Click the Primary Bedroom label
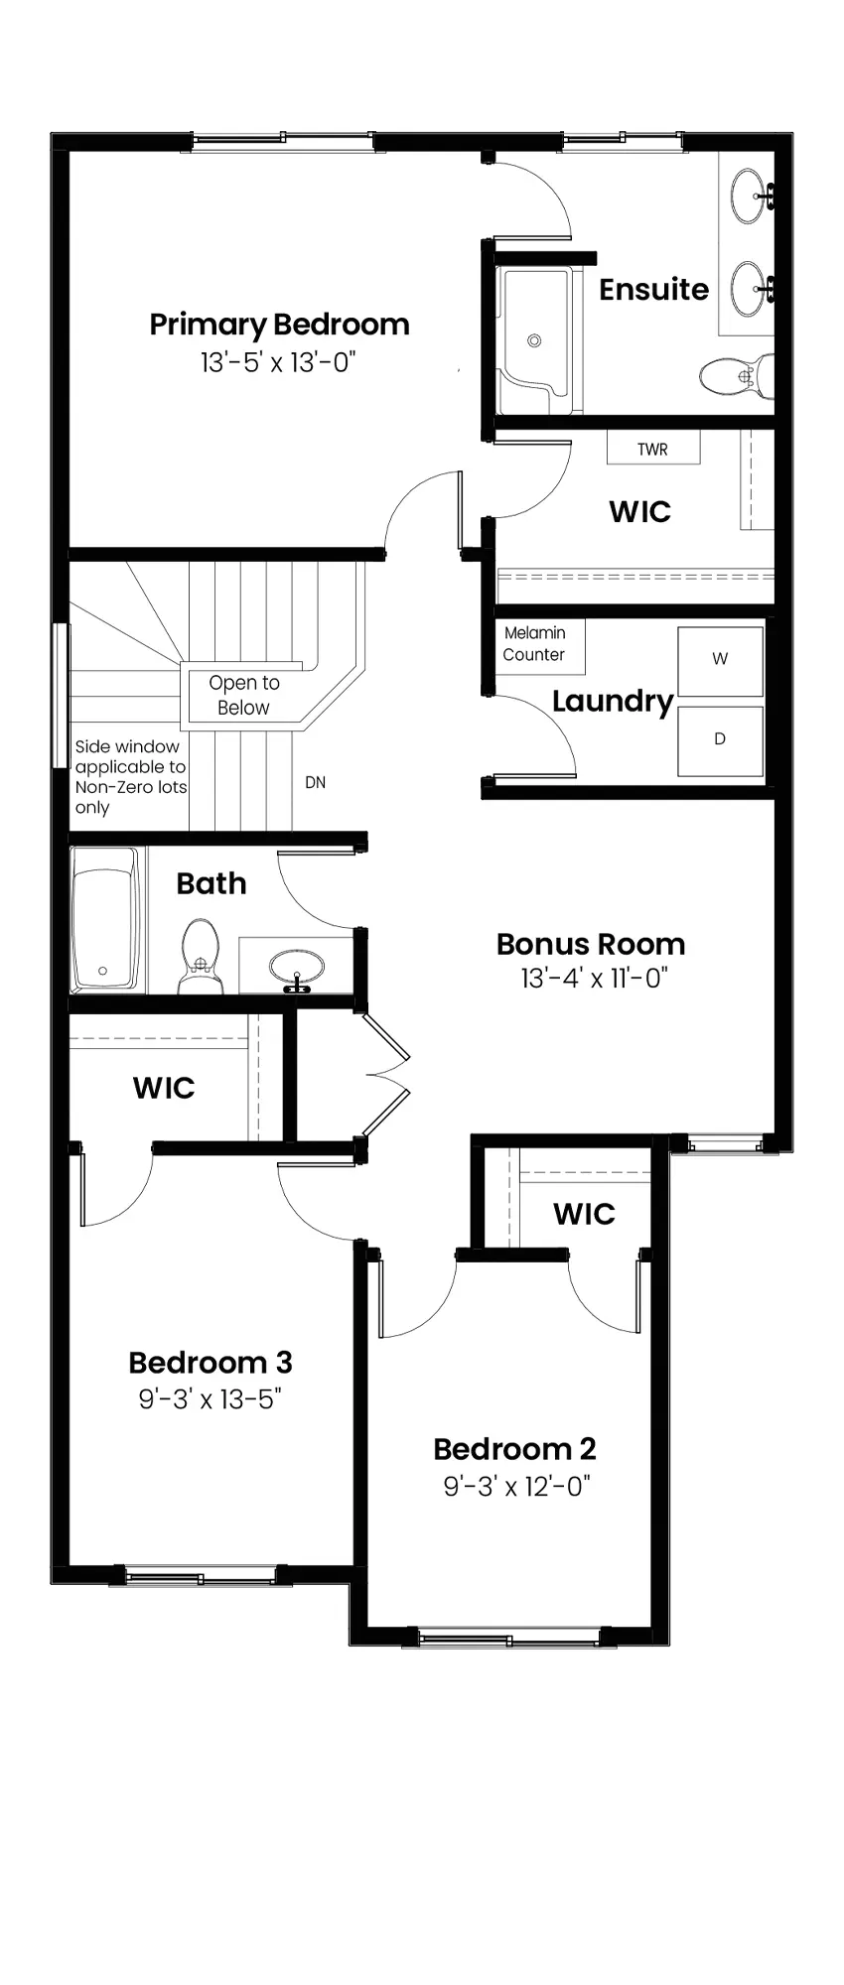pos(279,326)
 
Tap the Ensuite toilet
pos(736,374)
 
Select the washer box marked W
pos(720,658)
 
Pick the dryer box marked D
pos(720,739)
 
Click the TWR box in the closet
pos(653,448)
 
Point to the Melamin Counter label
pos(534,644)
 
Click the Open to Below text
pos(244,695)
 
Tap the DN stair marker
pos(316,782)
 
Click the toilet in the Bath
pos(201,956)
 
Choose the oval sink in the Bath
pos(296,964)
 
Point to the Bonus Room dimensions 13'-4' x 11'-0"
pos(594,979)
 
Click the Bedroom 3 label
pos(211,1363)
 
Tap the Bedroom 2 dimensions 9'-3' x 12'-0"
pos(516,1486)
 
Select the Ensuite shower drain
pos(534,340)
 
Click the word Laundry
pos(613,702)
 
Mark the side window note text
pos(131,776)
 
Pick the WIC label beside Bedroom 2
pos(584,1214)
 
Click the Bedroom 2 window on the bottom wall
pos(509,1638)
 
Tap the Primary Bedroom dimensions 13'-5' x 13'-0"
pos(278,362)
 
